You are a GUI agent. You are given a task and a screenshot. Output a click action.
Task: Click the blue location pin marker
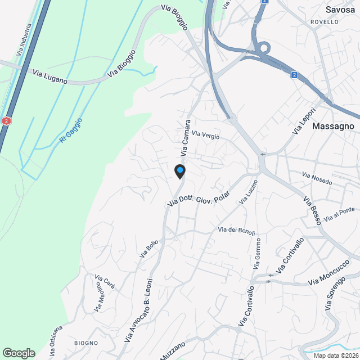click(x=179, y=170)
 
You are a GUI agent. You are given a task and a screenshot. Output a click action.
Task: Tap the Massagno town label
click(x=332, y=126)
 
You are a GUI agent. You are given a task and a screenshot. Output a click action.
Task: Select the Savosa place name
click(x=340, y=9)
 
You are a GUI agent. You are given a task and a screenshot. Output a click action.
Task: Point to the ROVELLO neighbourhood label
click(x=325, y=22)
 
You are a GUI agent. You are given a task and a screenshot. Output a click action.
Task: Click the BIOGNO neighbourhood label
click(x=85, y=343)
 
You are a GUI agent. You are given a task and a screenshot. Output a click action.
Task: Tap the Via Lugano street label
click(x=50, y=76)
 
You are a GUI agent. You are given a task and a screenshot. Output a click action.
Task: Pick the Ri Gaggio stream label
click(x=70, y=129)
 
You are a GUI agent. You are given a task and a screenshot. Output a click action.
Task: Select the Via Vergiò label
click(x=205, y=135)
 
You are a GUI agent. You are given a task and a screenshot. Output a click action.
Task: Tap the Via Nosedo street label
click(x=317, y=179)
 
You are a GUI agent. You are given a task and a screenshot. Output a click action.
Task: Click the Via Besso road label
click(x=312, y=211)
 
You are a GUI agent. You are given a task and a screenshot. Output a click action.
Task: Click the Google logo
click(x=18, y=353)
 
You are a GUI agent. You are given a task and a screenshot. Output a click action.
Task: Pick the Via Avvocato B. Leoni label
click(x=138, y=311)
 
